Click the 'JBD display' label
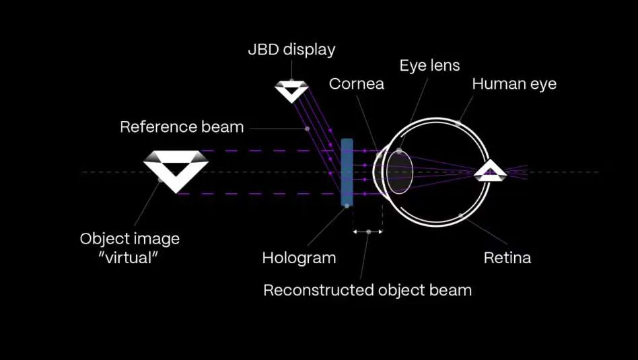point(291,50)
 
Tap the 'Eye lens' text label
point(429,65)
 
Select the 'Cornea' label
point(357,84)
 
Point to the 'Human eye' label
point(514,84)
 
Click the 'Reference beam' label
point(182,127)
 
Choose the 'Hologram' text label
point(299,258)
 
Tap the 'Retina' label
point(507,258)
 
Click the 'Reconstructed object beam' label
point(367,291)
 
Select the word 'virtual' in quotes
point(128,258)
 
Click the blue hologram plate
point(347,172)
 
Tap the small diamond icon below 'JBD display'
point(291,91)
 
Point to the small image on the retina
point(491,170)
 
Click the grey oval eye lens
point(400,171)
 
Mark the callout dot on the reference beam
point(307,129)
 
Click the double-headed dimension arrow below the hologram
point(367,232)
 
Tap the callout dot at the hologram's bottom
point(347,206)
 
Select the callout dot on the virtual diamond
point(160,180)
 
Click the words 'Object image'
point(130,239)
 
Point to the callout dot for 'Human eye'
point(458,122)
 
